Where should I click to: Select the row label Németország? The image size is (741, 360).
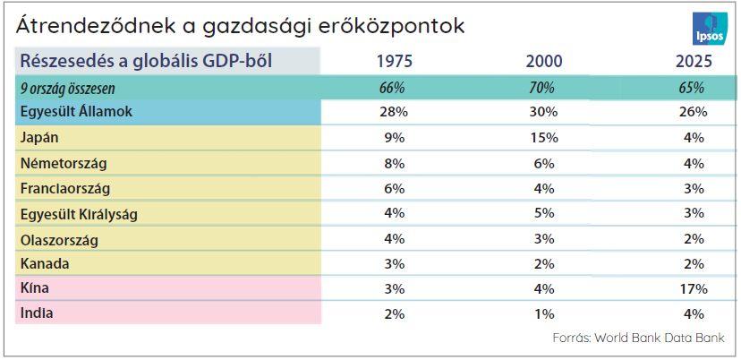pos(62,164)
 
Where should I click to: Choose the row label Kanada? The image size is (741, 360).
pos(43,264)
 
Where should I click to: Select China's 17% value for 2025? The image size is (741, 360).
pos(693,289)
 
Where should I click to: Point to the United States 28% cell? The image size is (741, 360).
pos(394,112)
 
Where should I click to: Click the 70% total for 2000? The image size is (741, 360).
pos(543,88)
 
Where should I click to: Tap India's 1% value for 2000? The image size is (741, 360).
pos(543,314)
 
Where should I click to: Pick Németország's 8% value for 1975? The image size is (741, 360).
pos(394,164)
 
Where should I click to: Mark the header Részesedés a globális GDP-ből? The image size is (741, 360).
pos(147,61)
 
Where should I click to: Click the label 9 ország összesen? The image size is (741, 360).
pos(67,89)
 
